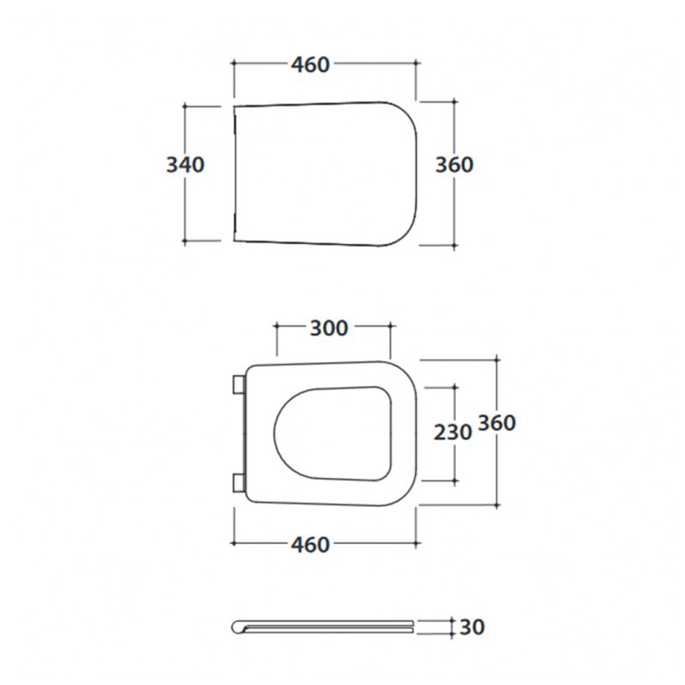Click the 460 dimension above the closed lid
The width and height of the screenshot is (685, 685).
pyautogui.click(x=310, y=65)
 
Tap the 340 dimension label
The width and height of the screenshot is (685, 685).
pyautogui.click(x=185, y=164)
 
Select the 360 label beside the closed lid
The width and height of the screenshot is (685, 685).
pyautogui.click(x=455, y=164)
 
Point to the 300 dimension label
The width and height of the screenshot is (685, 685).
pyautogui.click(x=329, y=328)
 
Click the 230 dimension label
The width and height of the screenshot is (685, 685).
pyautogui.click(x=453, y=432)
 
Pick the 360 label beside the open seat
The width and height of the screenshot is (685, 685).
pyautogui.click(x=497, y=423)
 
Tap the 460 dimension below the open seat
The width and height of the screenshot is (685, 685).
pyautogui.click(x=310, y=545)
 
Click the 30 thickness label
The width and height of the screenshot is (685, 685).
pyautogui.click(x=472, y=627)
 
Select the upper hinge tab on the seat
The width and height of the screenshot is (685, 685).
pyautogui.click(x=239, y=384)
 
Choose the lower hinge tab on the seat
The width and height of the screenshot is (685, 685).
pyautogui.click(x=239, y=483)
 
